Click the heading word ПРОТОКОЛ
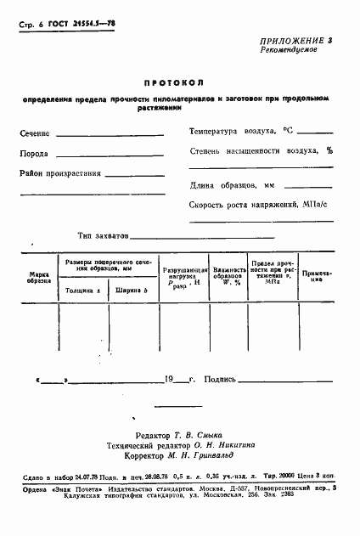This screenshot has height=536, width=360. coord(180,84)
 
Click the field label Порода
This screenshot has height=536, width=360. coord(34,154)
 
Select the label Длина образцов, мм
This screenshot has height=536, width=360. coord(233,185)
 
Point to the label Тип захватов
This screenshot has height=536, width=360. coord(103,237)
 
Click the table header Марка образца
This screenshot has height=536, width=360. coord(39,278)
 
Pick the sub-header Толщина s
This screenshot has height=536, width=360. coord(83,291)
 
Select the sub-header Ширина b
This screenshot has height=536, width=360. coord(132,291)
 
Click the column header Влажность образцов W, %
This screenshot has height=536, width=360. coord(227,277)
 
